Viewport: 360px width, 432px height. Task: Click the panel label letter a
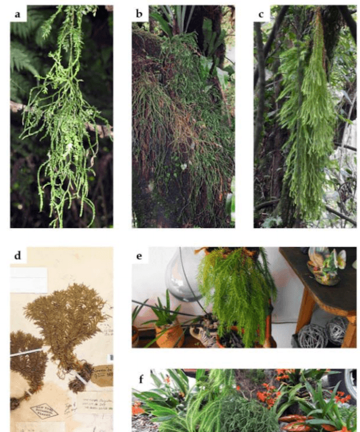[18, 13]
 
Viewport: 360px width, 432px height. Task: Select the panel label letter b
[140, 13]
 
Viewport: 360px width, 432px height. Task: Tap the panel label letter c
[262, 13]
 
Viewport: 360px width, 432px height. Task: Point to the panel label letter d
[18, 255]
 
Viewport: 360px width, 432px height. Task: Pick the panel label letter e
[140, 255]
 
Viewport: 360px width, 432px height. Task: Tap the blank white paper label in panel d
[28, 280]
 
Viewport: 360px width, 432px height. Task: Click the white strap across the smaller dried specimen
[27, 352]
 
